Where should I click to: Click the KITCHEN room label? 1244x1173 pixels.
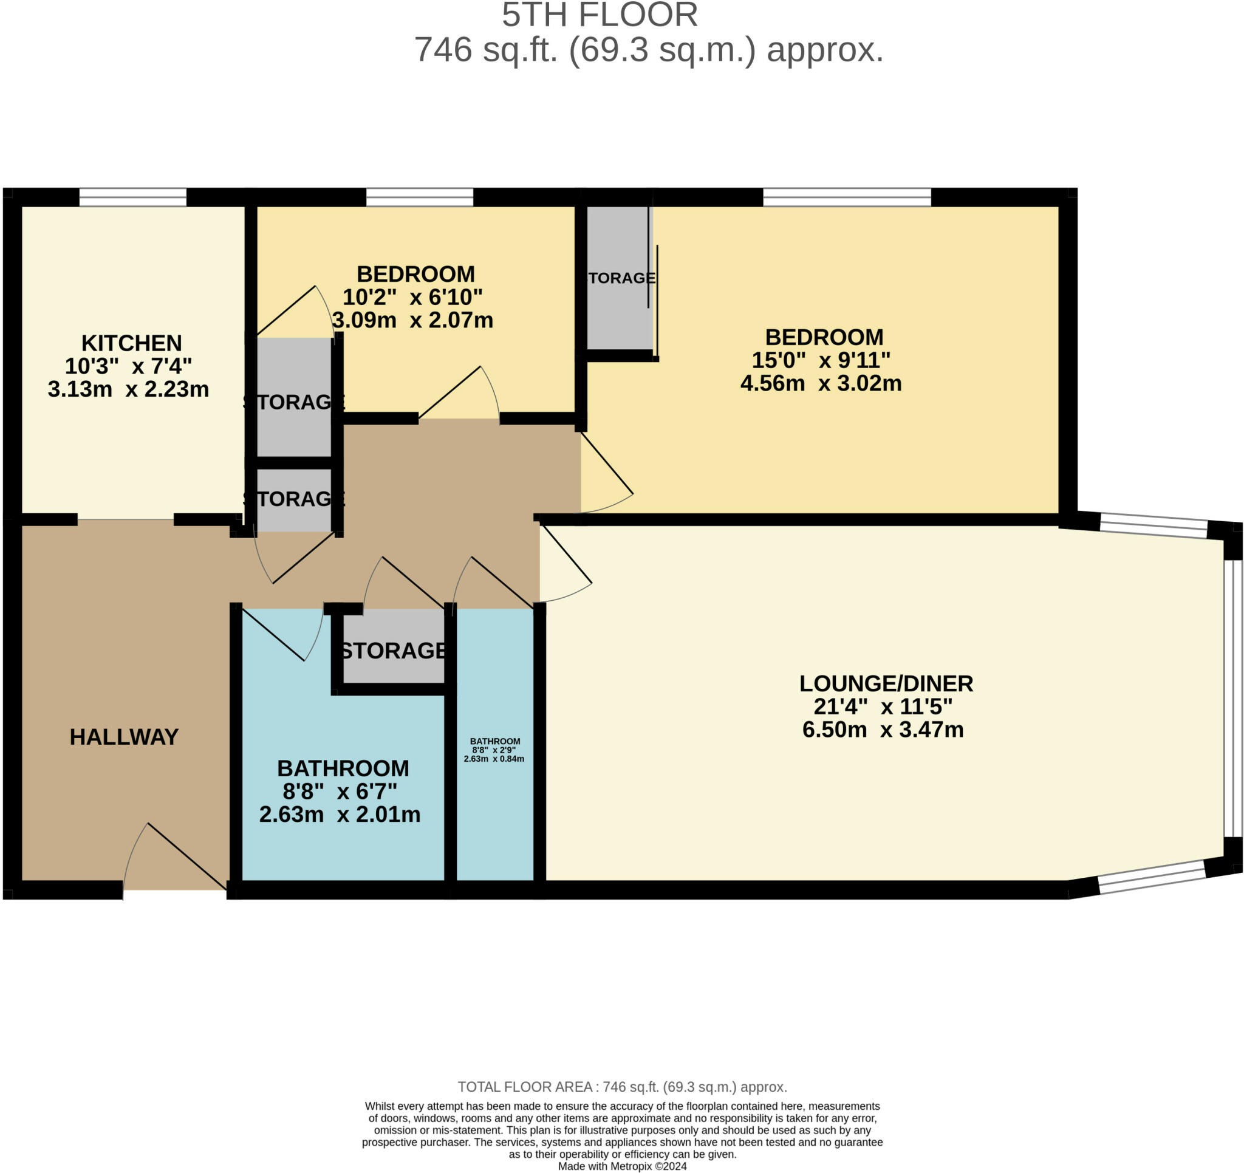point(131,343)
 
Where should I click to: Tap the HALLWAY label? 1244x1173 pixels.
point(124,737)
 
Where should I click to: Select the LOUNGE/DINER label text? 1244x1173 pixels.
point(886,683)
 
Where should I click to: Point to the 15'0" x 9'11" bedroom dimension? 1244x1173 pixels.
point(821,360)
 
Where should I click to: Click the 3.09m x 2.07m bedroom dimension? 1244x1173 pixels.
point(412,320)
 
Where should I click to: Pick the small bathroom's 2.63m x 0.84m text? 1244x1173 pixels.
point(494,759)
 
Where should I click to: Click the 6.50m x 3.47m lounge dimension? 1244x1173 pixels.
point(883,729)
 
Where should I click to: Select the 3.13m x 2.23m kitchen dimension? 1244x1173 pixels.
point(128,389)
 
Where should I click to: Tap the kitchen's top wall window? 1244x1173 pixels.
point(132,197)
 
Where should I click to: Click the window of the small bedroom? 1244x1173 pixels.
point(419,197)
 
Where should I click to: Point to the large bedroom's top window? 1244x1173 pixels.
point(847,197)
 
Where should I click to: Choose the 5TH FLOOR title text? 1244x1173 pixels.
point(600,15)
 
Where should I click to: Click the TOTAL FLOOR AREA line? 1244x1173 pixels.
point(623,1087)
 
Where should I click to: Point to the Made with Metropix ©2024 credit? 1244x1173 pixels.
point(623,1166)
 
